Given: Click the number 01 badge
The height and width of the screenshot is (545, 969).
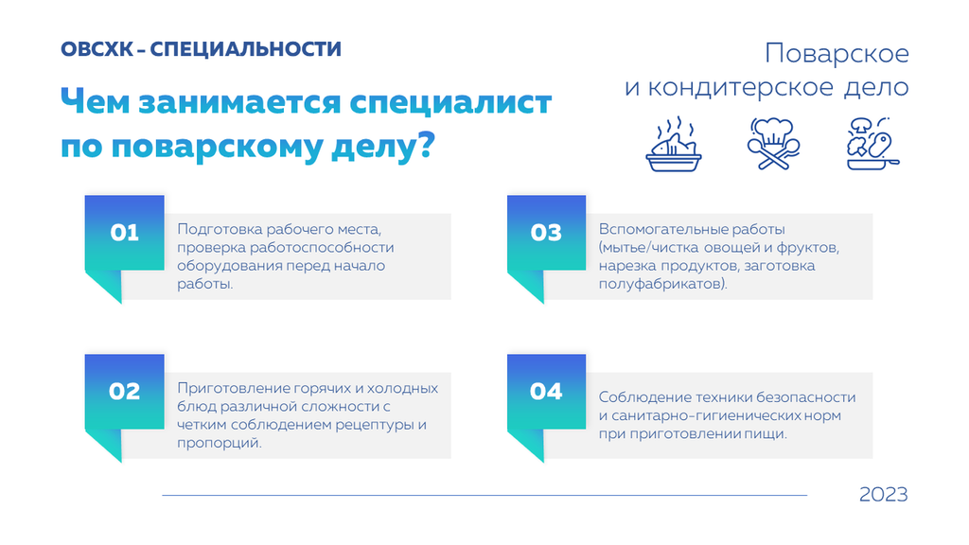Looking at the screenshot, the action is pos(124,233).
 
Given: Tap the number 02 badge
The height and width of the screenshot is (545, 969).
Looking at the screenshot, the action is pos(124,392).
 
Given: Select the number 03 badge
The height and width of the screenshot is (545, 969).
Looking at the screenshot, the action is pos(546,233).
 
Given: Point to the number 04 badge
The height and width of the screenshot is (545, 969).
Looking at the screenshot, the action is pos(546,392).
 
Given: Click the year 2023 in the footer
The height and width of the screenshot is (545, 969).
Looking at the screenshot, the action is pos(883,494).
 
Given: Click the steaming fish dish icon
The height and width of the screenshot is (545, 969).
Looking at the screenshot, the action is pos(674,144).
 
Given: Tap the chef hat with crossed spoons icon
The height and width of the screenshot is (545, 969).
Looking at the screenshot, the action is pos(773,144).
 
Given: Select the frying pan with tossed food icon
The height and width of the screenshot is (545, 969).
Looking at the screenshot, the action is pos(872,144).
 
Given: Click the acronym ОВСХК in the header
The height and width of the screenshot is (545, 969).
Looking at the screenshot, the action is pos(97,49).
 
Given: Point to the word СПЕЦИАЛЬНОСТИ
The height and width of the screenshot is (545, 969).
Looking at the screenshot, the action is pos(245,49).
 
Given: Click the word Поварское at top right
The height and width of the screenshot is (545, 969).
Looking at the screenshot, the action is pos(837,54).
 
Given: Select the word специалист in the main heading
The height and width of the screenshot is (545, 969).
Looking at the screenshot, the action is pos(450,102).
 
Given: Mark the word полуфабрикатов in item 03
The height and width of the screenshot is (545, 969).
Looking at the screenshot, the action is pos(659,284).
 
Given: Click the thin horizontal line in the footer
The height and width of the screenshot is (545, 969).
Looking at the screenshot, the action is pos(484,495).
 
